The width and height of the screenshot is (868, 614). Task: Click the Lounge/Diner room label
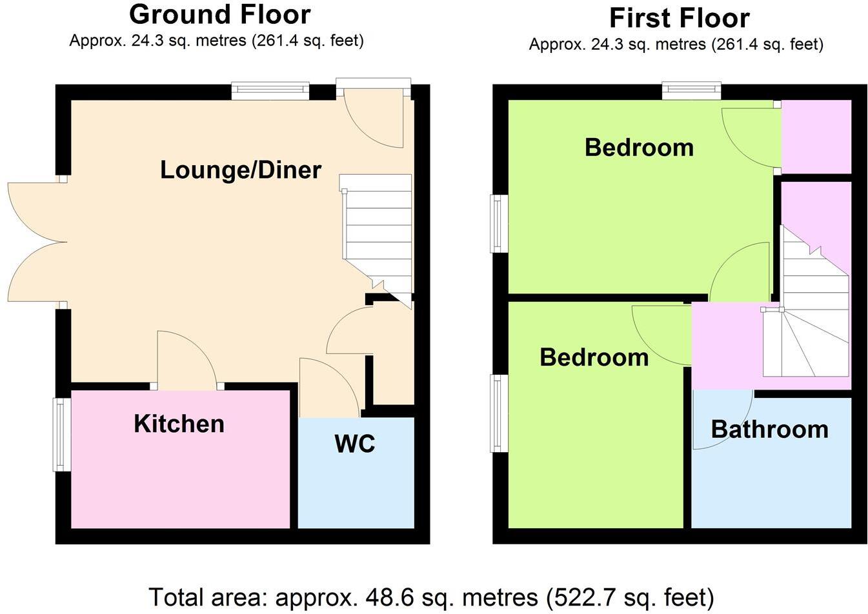240,170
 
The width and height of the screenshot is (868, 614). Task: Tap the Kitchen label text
179,424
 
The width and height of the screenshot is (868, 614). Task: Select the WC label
354,444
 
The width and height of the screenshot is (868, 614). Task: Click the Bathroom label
769,429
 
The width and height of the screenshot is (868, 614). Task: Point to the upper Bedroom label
639,148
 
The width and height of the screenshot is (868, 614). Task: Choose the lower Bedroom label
594,357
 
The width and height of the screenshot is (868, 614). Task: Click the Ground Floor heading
219,14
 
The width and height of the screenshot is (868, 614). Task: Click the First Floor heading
679,18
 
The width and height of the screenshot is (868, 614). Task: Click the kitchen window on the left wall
62,434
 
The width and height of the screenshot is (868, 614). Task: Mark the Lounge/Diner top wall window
270,92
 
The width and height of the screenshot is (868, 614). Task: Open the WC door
329,387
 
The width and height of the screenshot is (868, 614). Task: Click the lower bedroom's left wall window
499,413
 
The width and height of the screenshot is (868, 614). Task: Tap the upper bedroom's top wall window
691,92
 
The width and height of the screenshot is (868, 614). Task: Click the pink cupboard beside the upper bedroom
816,136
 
